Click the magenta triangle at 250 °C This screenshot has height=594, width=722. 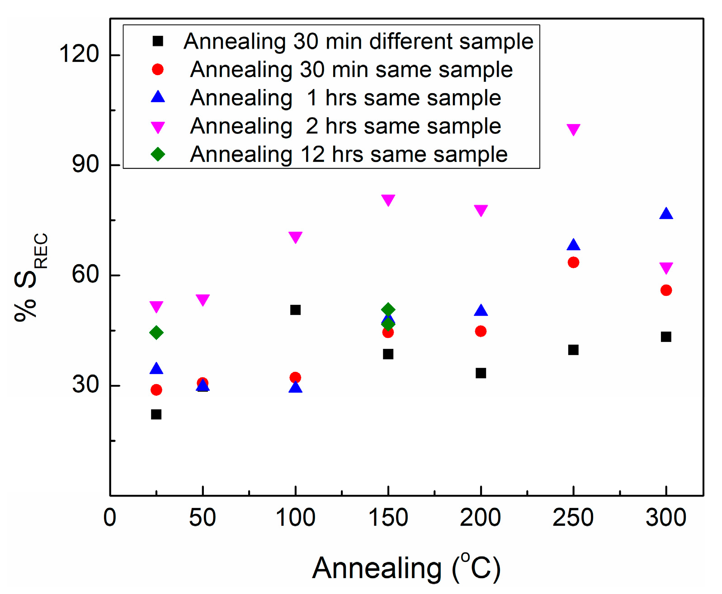pyautogui.click(x=573, y=129)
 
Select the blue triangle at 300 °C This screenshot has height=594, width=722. pyautogui.click(x=666, y=214)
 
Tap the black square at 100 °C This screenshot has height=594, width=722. pyautogui.click(x=295, y=310)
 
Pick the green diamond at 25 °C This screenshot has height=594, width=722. pyautogui.click(x=156, y=333)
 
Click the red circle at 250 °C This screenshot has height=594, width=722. pyautogui.click(x=573, y=262)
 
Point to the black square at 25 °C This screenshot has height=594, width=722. pyautogui.click(x=156, y=414)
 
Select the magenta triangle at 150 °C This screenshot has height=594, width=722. pyautogui.click(x=388, y=200)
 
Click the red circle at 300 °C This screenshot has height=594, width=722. pyautogui.click(x=666, y=290)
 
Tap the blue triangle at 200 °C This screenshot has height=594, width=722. pyautogui.click(x=481, y=311)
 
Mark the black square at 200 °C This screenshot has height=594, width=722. pyautogui.click(x=481, y=373)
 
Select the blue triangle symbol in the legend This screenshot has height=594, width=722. pyautogui.click(x=158, y=97)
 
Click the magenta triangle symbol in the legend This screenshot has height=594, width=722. pyautogui.click(x=158, y=127)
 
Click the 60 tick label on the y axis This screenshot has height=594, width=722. pyautogui.click(x=85, y=274)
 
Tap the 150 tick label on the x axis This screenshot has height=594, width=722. pyautogui.click(x=388, y=518)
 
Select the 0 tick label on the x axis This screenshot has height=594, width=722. pyautogui.click(x=110, y=518)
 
